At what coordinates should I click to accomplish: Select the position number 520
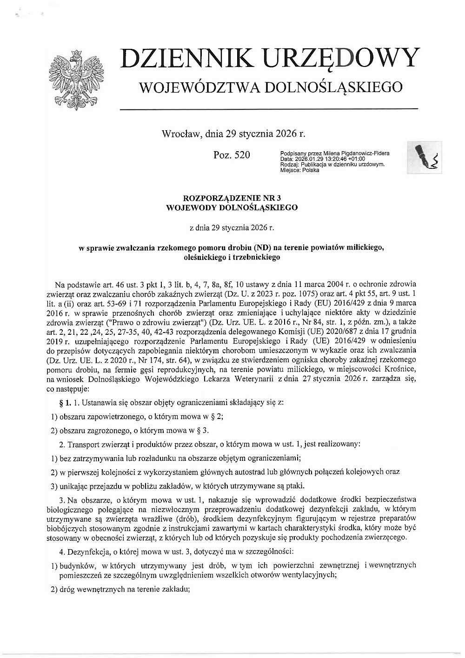241,155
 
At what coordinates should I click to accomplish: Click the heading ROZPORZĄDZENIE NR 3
232,198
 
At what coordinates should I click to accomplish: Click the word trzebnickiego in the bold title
259,257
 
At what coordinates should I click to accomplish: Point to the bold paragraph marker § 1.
65,401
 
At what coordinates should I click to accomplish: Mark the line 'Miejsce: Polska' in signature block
300,170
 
